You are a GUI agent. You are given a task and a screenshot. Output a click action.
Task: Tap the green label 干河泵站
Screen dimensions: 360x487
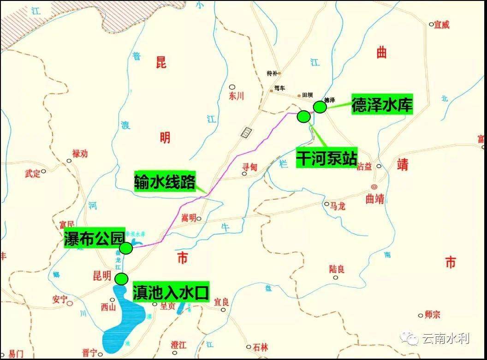coord(327,157)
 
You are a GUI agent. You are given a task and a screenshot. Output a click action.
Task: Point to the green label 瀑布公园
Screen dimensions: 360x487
coord(94,239)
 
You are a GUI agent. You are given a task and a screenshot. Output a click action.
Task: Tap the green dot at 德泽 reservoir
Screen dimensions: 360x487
coord(320,107)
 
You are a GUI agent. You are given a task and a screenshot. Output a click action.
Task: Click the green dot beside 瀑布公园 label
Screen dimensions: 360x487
coord(126,248)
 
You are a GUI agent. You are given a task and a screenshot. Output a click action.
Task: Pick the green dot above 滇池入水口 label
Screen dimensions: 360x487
coord(121,279)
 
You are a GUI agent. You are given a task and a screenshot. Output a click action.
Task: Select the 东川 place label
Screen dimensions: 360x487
coord(236,96)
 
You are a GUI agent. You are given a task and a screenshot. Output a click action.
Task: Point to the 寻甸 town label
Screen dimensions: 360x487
coord(249,168)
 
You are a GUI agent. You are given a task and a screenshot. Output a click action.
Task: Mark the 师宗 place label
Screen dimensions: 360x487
coord(433,315)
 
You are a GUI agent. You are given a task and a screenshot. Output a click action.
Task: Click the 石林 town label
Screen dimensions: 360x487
coord(260,348)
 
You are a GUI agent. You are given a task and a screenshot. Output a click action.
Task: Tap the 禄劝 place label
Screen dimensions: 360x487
coord(80,154)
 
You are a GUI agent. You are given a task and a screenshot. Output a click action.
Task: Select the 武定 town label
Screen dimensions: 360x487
coord(33,174)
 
